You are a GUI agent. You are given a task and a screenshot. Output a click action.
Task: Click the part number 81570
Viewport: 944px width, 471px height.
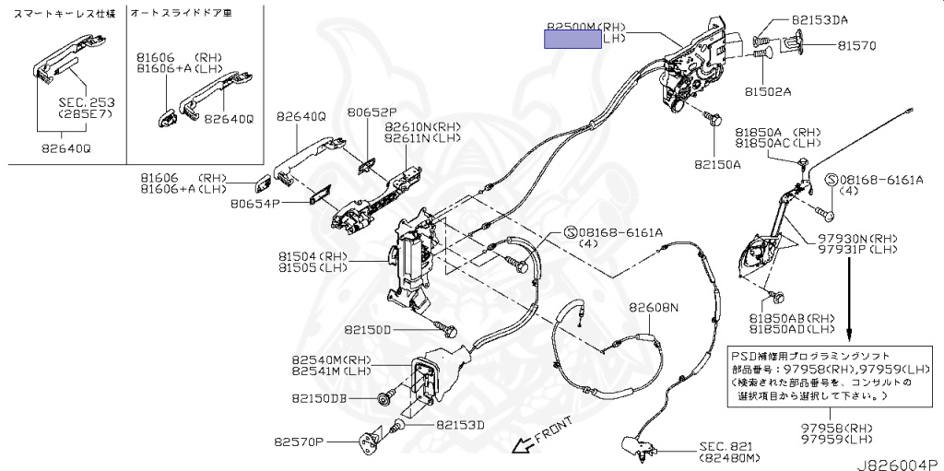point(856,45)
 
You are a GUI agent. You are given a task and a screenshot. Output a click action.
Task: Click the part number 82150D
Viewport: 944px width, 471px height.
point(368,329)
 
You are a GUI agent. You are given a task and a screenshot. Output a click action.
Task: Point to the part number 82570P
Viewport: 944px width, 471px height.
point(300,442)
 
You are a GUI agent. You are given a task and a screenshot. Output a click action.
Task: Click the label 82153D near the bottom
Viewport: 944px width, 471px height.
point(460,425)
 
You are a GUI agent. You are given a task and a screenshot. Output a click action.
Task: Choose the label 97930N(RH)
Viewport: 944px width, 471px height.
point(856,238)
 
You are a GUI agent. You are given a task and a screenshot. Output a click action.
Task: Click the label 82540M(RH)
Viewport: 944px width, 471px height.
point(331,359)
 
